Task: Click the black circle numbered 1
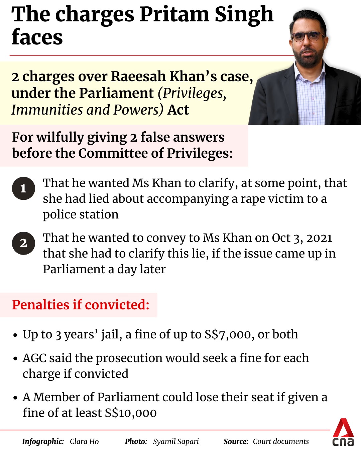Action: (x=23, y=188)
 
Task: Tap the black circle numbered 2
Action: (x=23, y=243)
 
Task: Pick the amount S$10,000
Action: (x=131, y=413)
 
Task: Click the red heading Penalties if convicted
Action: (x=81, y=305)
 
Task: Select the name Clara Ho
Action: (x=84, y=441)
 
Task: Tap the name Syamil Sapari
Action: (x=176, y=441)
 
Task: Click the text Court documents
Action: (x=281, y=441)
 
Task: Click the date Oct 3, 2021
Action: (x=302, y=238)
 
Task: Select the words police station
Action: (x=81, y=214)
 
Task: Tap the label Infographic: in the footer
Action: (x=43, y=441)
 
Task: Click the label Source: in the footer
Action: (x=236, y=441)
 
